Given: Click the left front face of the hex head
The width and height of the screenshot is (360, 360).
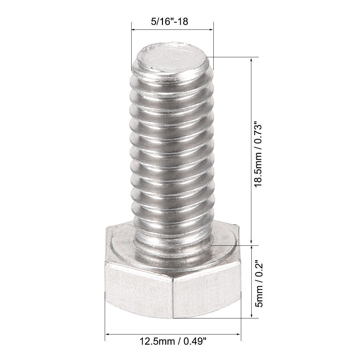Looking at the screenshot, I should [138, 290].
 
